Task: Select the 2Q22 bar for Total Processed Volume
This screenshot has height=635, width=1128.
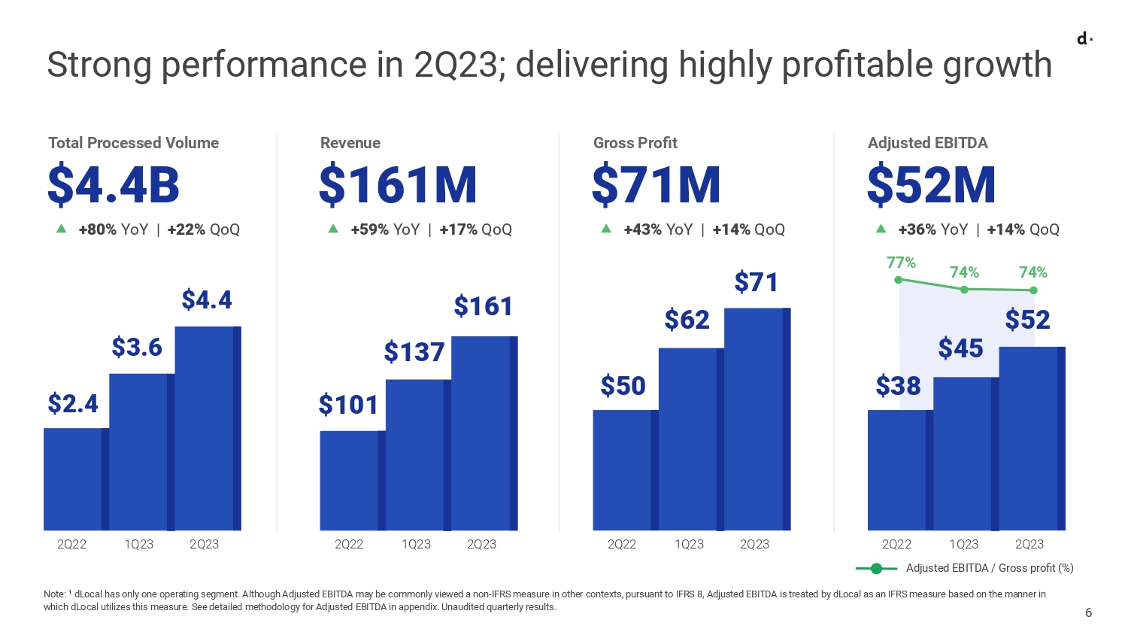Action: (76, 479)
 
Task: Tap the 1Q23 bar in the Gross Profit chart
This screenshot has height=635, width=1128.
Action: (691, 439)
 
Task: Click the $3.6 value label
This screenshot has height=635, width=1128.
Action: (137, 347)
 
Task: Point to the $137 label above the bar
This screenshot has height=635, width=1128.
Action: (414, 352)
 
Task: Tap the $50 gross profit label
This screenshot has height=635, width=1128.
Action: (623, 386)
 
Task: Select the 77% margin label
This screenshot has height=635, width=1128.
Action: (901, 263)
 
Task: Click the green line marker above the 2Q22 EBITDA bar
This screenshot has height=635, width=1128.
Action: (898, 280)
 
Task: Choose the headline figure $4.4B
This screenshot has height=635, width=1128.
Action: (114, 185)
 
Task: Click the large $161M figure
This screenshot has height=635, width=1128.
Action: (398, 185)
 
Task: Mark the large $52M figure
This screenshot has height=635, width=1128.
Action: (931, 185)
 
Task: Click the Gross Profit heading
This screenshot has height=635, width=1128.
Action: (635, 143)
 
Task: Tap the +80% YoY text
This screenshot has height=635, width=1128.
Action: (114, 229)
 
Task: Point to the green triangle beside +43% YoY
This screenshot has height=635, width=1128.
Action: (606, 229)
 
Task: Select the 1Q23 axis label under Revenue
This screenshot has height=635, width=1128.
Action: (416, 544)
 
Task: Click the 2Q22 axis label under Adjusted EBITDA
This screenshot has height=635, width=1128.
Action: (896, 544)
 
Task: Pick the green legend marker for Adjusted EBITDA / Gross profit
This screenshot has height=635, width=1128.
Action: (876, 569)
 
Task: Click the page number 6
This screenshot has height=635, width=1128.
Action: (1088, 612)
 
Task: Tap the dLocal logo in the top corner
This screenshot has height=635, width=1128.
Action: (1084, 39)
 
